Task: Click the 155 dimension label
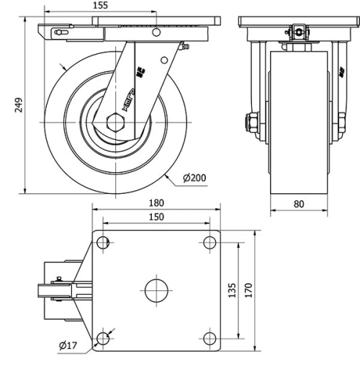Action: click(101, 5)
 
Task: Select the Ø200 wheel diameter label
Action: click(195, 178)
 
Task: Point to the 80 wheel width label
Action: click(299, 204)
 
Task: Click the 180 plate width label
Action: click(156, 203)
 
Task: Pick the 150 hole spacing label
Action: click(156, 216)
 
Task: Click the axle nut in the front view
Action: click(253, 122)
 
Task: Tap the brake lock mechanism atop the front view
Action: click(297, 31)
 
